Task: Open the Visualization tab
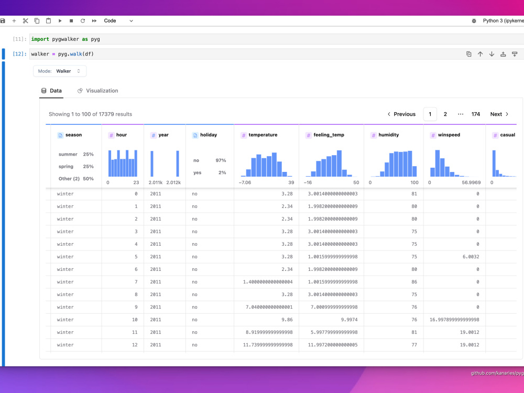click(x=97, y=91)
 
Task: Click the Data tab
click(x=51, y=91)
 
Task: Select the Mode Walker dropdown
click(x=60, y=71)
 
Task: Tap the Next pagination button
click(x=499, y=114)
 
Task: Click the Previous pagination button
click(x=401, y=114)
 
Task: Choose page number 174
click(x=476, y=114)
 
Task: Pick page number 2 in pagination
click(x=445, y=114)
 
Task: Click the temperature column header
click(x=263, y=135)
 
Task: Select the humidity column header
click(x=388, y=135)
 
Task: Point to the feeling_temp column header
click(x=329, y=135)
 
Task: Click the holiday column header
click(x=209, y=135)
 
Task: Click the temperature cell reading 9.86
click(x=287, y=320)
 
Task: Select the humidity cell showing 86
click(x=414, y=282)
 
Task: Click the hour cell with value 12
click(x=135, y=345)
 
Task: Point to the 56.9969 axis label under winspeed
click(x=471, y=182)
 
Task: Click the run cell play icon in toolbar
click(x=60, y=21)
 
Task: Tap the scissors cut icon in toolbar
click(x=25, y=21)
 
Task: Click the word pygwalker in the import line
click(x=65, y=39)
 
